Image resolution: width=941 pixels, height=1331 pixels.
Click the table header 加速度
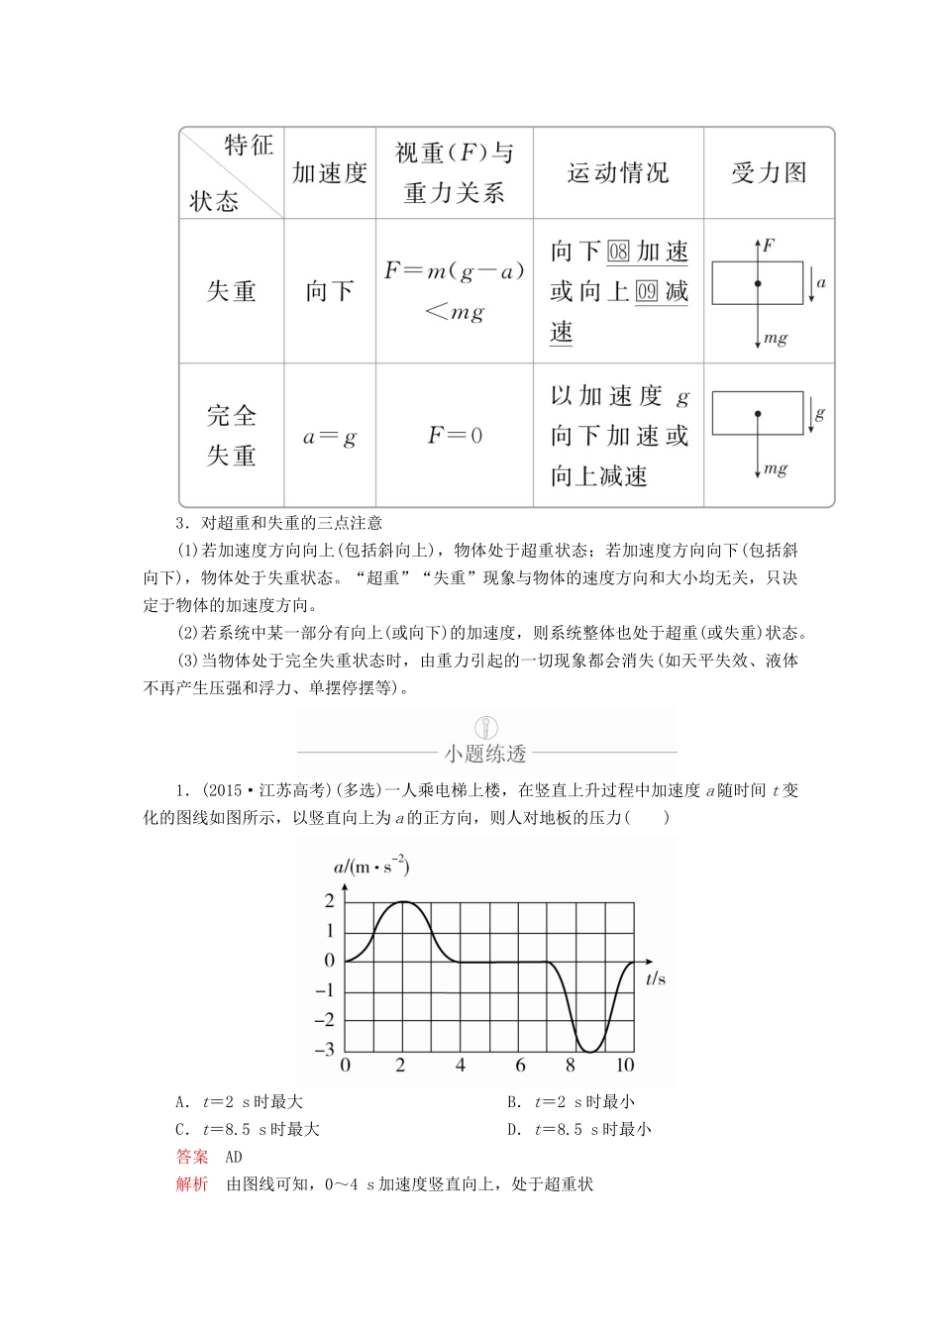click(x=330, y=173)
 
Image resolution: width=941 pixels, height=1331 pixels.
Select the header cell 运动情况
click(x=618, y=173)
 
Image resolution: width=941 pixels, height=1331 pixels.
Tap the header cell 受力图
click(x=769, y=173)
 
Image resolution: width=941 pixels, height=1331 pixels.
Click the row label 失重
click(x=232, y=291)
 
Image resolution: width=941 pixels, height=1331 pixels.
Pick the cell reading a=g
click(x=329, y=437)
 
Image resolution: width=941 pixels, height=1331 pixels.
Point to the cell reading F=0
click(x=455, y=436)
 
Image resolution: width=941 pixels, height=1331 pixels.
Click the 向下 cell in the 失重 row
click(x=330, y=291)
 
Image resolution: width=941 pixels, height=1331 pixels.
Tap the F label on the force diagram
click(x=769, y=243)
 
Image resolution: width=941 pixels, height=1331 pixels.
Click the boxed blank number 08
click(x=619, y=252)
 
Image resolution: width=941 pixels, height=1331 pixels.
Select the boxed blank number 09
click(x=647, y=292)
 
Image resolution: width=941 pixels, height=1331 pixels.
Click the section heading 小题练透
click(x=485, y=754)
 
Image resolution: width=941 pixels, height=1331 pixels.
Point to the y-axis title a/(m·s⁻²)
click(x=370, y=867)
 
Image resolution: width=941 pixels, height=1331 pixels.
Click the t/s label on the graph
click(x=656, y=978)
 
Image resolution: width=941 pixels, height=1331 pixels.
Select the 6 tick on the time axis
click(x=520, y=1067)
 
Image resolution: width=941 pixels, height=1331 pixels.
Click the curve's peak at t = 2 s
click(x=401, y=901)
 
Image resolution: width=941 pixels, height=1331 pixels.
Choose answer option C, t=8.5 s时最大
click(x=247, y=1129)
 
